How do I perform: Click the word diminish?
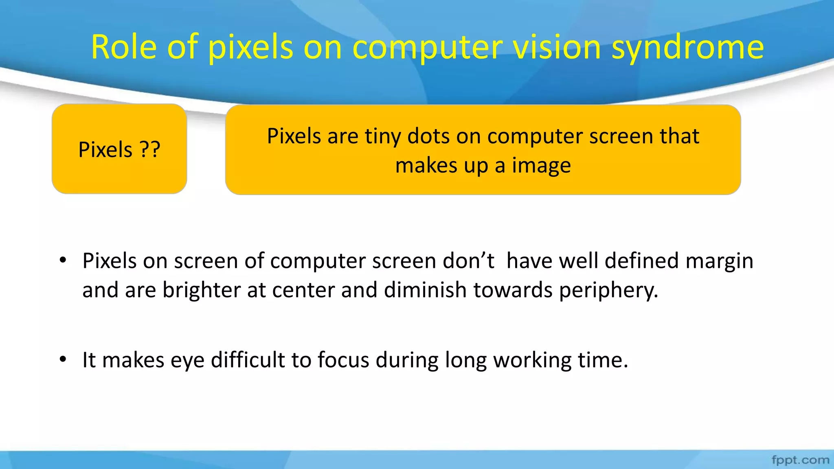(x=425, y=290)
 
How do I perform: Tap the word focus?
(x=343, y=360)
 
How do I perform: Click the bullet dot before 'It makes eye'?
(x=63, y=359)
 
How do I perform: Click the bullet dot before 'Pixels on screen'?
(x=63, y=260)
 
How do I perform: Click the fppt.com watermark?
(x=800, y=460)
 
